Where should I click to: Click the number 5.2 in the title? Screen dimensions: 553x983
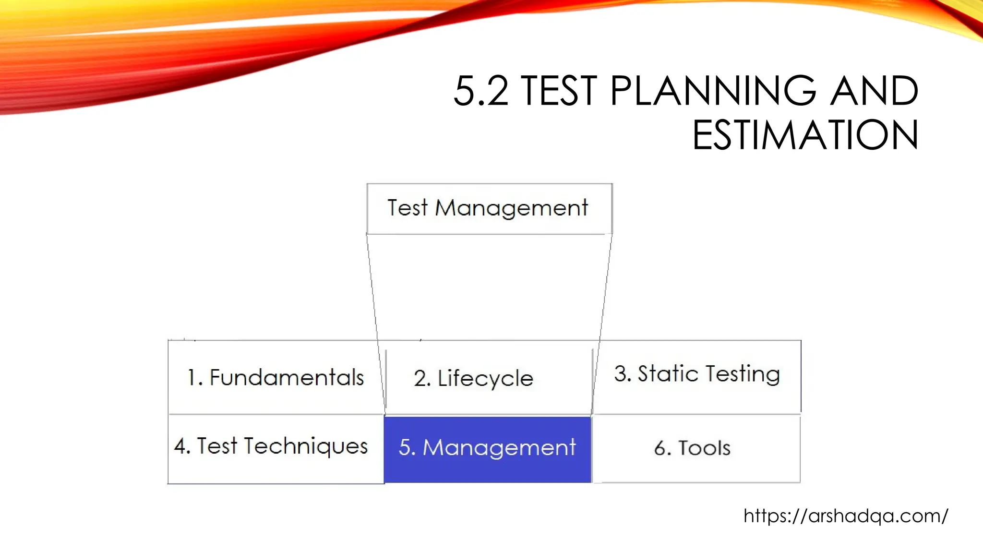click(480, 91)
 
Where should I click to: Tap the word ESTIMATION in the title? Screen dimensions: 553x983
click(805, 135)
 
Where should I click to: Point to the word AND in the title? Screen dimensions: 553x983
click(874, 91)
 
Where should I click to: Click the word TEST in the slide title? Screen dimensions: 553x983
click(559, 91)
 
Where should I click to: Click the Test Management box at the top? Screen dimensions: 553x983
click(489, 209)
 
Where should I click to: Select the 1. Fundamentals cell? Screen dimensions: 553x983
click(276, 377)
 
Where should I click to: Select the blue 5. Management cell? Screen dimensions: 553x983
click(487, 448)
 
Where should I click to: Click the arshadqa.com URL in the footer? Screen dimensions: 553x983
click(846, 516)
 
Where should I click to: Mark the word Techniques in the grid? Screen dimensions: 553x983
click(306, 446)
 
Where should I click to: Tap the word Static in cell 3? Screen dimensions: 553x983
click(668, 374)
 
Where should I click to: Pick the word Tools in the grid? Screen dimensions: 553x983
click(704, 448)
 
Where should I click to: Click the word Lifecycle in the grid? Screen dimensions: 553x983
click(485, 379)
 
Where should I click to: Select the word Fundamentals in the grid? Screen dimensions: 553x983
click(287, 378)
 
